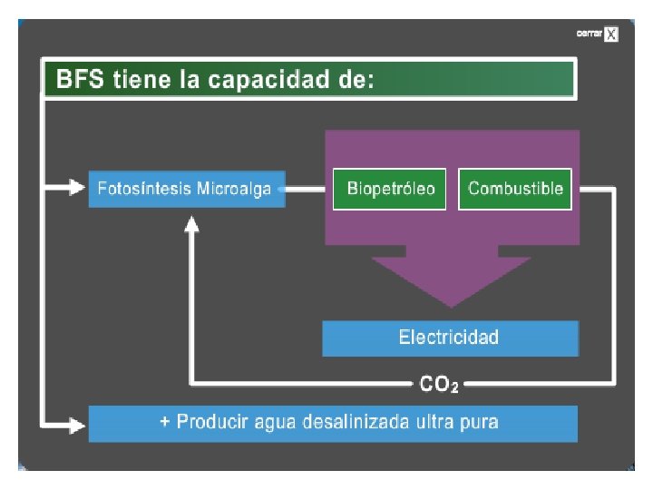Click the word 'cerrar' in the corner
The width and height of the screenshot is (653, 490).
[590, 34]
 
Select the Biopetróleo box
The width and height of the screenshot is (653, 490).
[391, 189]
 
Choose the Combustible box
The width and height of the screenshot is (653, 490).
[515, 189]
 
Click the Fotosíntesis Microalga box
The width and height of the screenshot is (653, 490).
[186, 189]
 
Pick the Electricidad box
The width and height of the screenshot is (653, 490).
[450, 338]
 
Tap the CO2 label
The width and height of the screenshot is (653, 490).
[439, 385]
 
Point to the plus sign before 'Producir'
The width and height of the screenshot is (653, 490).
[165, 422]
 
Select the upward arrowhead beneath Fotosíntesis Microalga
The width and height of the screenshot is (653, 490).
[191, 223]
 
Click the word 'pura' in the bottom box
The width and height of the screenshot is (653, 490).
[480, 422]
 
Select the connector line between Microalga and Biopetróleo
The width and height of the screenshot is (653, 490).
[305, 189]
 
